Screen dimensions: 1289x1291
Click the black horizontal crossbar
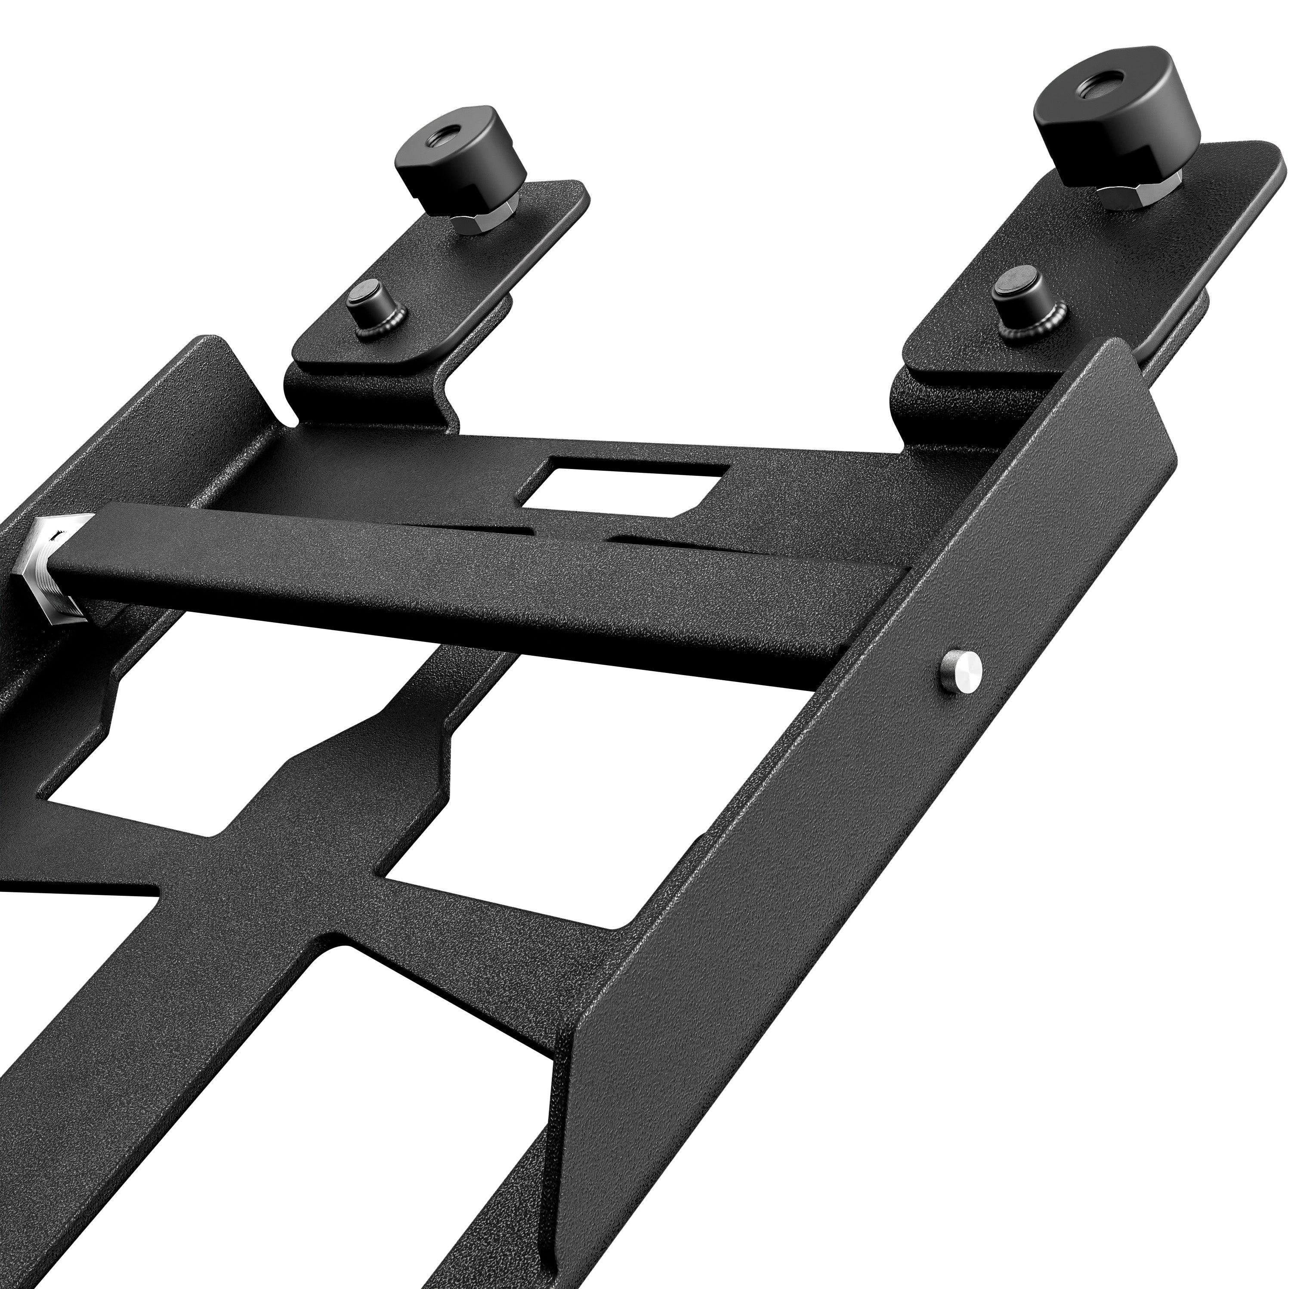point(468,588)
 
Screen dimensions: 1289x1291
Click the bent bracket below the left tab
point(374,394)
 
